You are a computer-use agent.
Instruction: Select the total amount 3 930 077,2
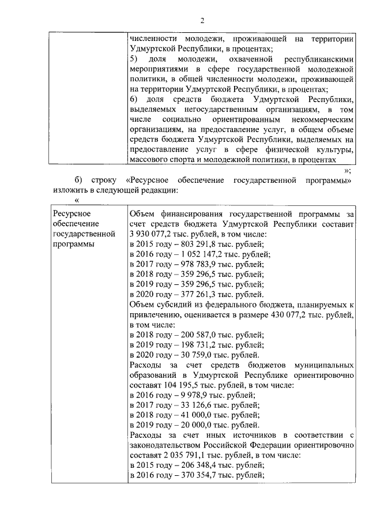(153, 235)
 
